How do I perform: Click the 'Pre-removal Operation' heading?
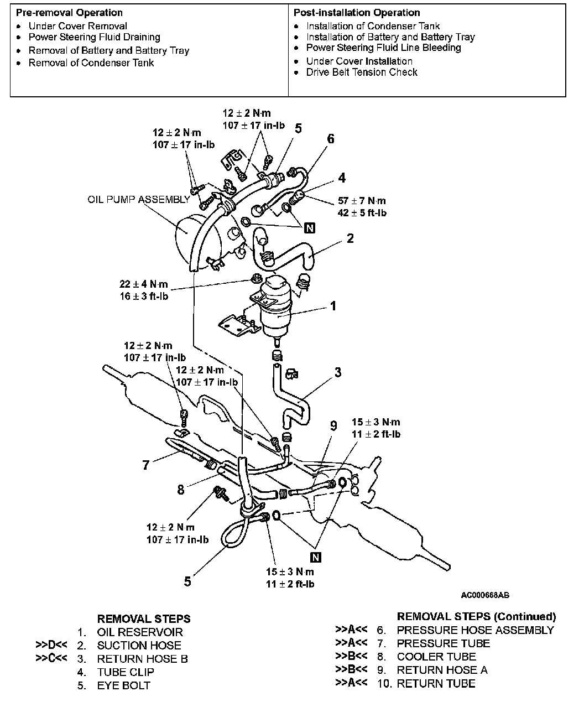(70, 12)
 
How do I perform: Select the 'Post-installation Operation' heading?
(357, 12)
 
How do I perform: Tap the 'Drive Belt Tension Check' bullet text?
(362, 72)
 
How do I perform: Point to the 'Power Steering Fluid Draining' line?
(94, 37)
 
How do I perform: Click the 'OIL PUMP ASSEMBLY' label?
(138, 199)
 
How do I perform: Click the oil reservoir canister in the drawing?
(277, 307)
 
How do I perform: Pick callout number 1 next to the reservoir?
(333, 305)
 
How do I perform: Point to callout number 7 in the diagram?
(146, 465)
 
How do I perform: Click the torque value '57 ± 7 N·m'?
(362, 201)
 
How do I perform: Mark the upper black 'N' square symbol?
(309, 228)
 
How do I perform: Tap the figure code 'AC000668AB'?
(485, 595)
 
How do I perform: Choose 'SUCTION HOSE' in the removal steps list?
(139, 645)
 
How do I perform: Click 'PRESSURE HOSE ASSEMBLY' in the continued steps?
(474, 630)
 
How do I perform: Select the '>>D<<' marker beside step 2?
(51, 645)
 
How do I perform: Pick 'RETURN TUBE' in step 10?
(436, 683)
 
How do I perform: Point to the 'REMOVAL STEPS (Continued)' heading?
(476, 616)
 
